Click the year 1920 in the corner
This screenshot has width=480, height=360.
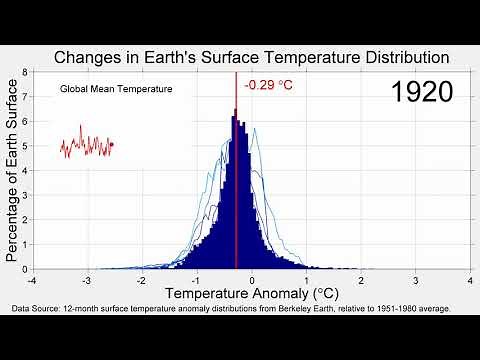pos(422,92)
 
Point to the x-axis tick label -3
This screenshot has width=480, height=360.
pos(87,281)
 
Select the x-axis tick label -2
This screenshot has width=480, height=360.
pos(142,281)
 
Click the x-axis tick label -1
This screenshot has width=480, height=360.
pos(197,281)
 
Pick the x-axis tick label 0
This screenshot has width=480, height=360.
pos(253,281)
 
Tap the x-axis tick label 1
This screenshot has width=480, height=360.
pos(308,281)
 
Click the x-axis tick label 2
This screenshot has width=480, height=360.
pos(363,281)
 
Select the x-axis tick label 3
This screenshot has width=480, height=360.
pos(418,281)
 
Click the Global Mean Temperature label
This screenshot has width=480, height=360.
pos(116,90)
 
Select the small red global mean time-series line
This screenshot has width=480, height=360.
pos(85,146)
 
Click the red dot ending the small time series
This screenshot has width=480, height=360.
pos(112,144)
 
